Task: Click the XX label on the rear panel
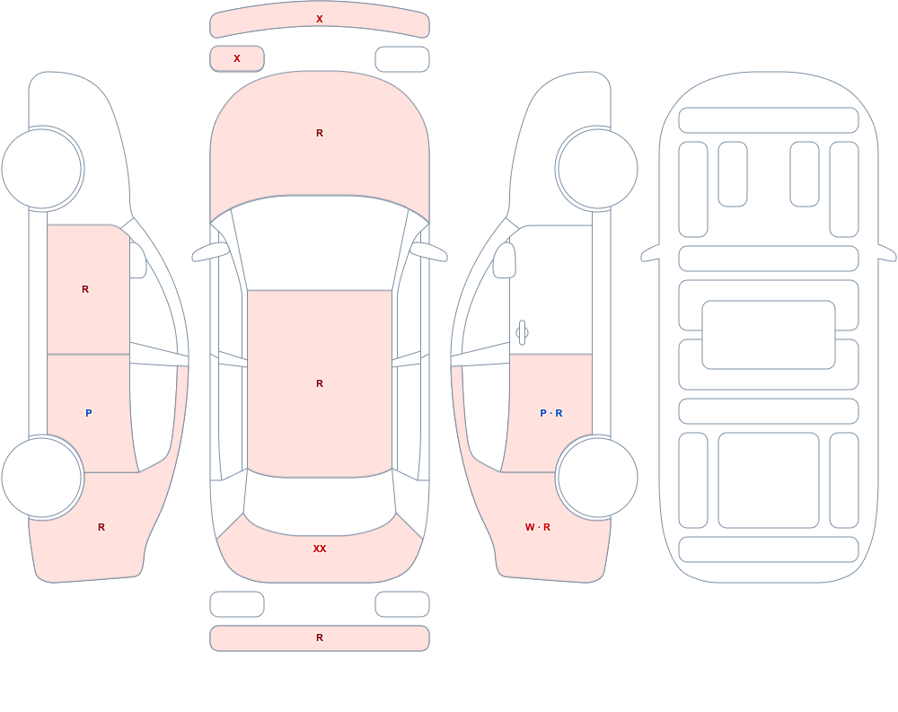(x=320, y=549)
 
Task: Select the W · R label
(x=538, y=527)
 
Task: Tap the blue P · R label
(x=551, y=413)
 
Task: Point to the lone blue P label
(x=88, y=413)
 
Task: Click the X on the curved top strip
(x=320, y=19)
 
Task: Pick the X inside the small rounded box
(x=237, y=58)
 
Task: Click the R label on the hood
(x=320, y=133)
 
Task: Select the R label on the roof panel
(x=320, y=383)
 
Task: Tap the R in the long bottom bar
(x=320, y=637)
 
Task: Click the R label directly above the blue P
(x=85, y=289)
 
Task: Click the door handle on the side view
(x=522, y=333)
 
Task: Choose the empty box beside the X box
(x=402, y=59)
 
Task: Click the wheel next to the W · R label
(x=597, y=477)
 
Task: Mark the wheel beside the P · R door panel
(x=597, y=477)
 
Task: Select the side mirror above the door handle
(x=504, y=260)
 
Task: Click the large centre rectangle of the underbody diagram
(x=769, y=335)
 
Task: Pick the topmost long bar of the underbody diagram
(x=769, y=120)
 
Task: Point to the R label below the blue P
(x=101, y=527)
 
